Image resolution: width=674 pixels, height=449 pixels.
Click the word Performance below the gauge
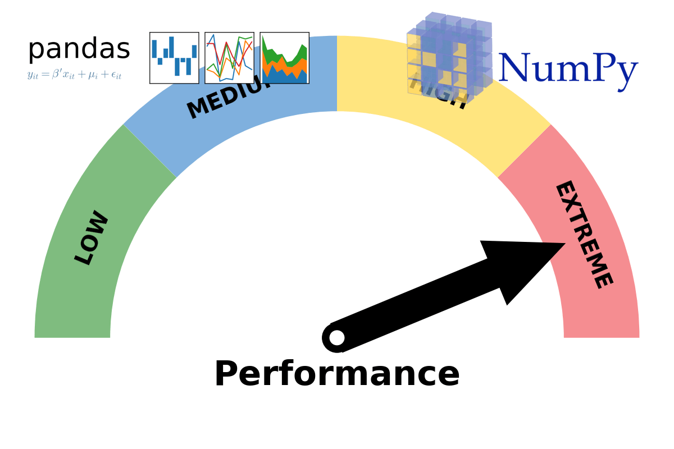point(337,375)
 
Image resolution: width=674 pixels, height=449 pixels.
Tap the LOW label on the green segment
point(92,237)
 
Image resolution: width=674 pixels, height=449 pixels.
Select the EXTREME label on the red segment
point(583,235)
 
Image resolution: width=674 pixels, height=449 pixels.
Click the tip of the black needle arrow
point(563,244)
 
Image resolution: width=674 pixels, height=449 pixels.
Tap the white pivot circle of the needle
point(337,337)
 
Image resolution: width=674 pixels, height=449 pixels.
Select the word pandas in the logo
point(79,49)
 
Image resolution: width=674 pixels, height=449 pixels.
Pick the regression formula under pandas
point(74,75)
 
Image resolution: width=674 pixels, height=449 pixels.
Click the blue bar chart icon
point(174,58)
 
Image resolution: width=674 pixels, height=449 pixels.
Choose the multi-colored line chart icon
point(229,58)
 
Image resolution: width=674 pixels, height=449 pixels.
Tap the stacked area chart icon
point(284,58)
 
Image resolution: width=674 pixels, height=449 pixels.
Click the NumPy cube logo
point(449,56)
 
